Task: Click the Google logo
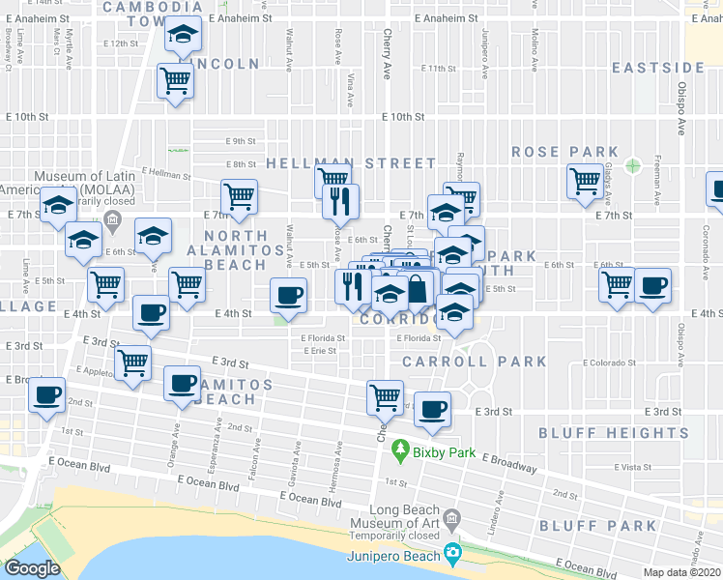click(x=32, y=568)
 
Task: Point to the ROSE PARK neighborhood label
click(x=564, y=152)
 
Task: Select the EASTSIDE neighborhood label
click(x=658, y=68)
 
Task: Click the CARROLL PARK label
click(x=474, y=362)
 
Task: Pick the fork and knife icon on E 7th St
click(x=340, y=200)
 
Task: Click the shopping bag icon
click(x=417, y=288)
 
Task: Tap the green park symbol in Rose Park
click(x=632, y=165)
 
